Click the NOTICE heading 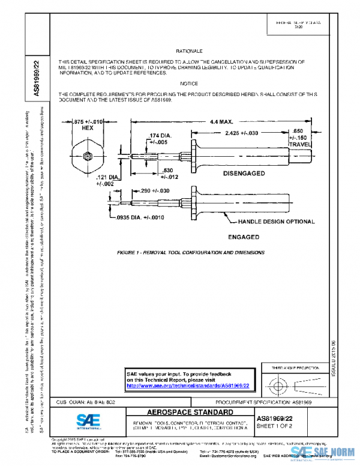(x=189, y=83)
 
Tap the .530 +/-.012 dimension (x=170, y=174)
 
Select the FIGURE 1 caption (x=191, y=253)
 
